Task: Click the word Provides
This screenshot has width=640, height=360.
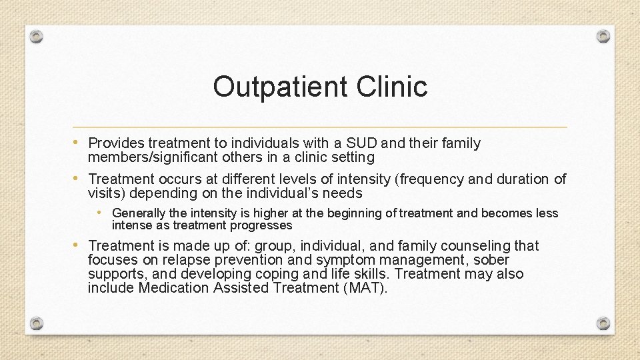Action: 116,143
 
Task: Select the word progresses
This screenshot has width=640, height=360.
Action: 261,225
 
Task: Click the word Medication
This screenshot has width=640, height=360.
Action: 173,288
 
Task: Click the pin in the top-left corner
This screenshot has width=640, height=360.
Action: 37,36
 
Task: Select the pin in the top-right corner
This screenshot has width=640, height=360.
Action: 603,36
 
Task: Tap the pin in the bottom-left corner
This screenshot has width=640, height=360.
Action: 37,323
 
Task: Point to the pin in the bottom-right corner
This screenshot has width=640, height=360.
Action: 603,323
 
